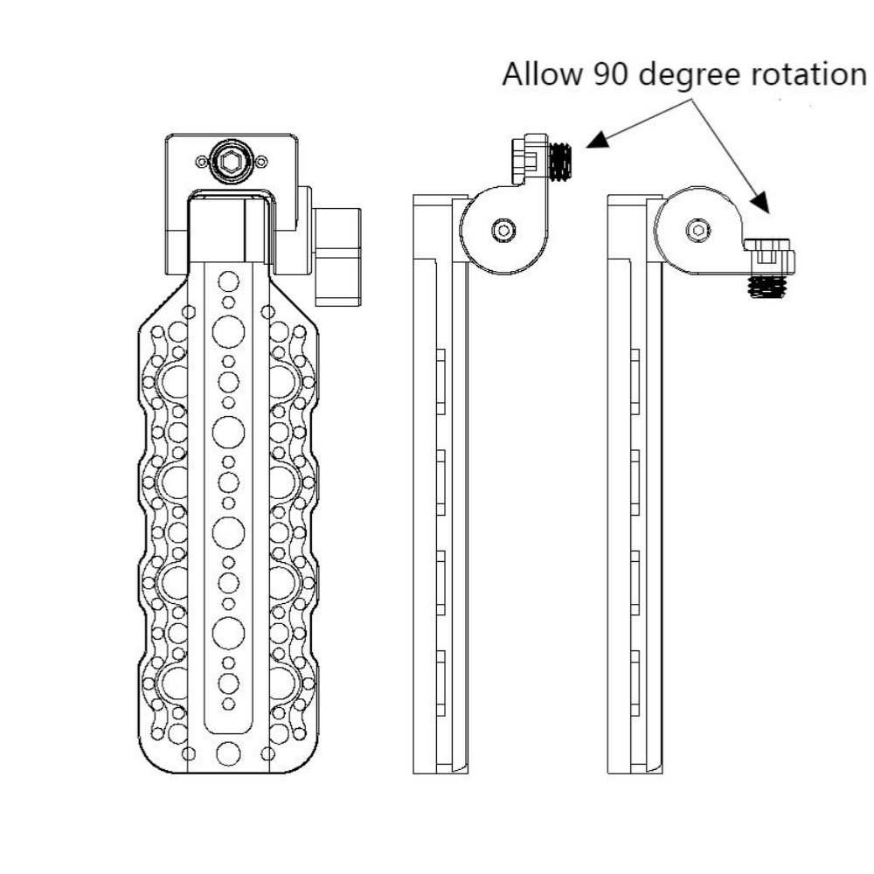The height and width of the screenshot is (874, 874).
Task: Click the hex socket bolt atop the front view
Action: [x=232, y=161]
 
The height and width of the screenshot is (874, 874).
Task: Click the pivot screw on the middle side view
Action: [x=503, y=229]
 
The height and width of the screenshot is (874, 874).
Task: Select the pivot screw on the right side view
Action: [x=697, y=229]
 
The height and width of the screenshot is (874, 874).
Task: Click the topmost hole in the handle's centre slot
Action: [x=229, y=281]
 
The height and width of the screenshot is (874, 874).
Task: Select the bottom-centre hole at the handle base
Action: [x=229, y=753]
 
